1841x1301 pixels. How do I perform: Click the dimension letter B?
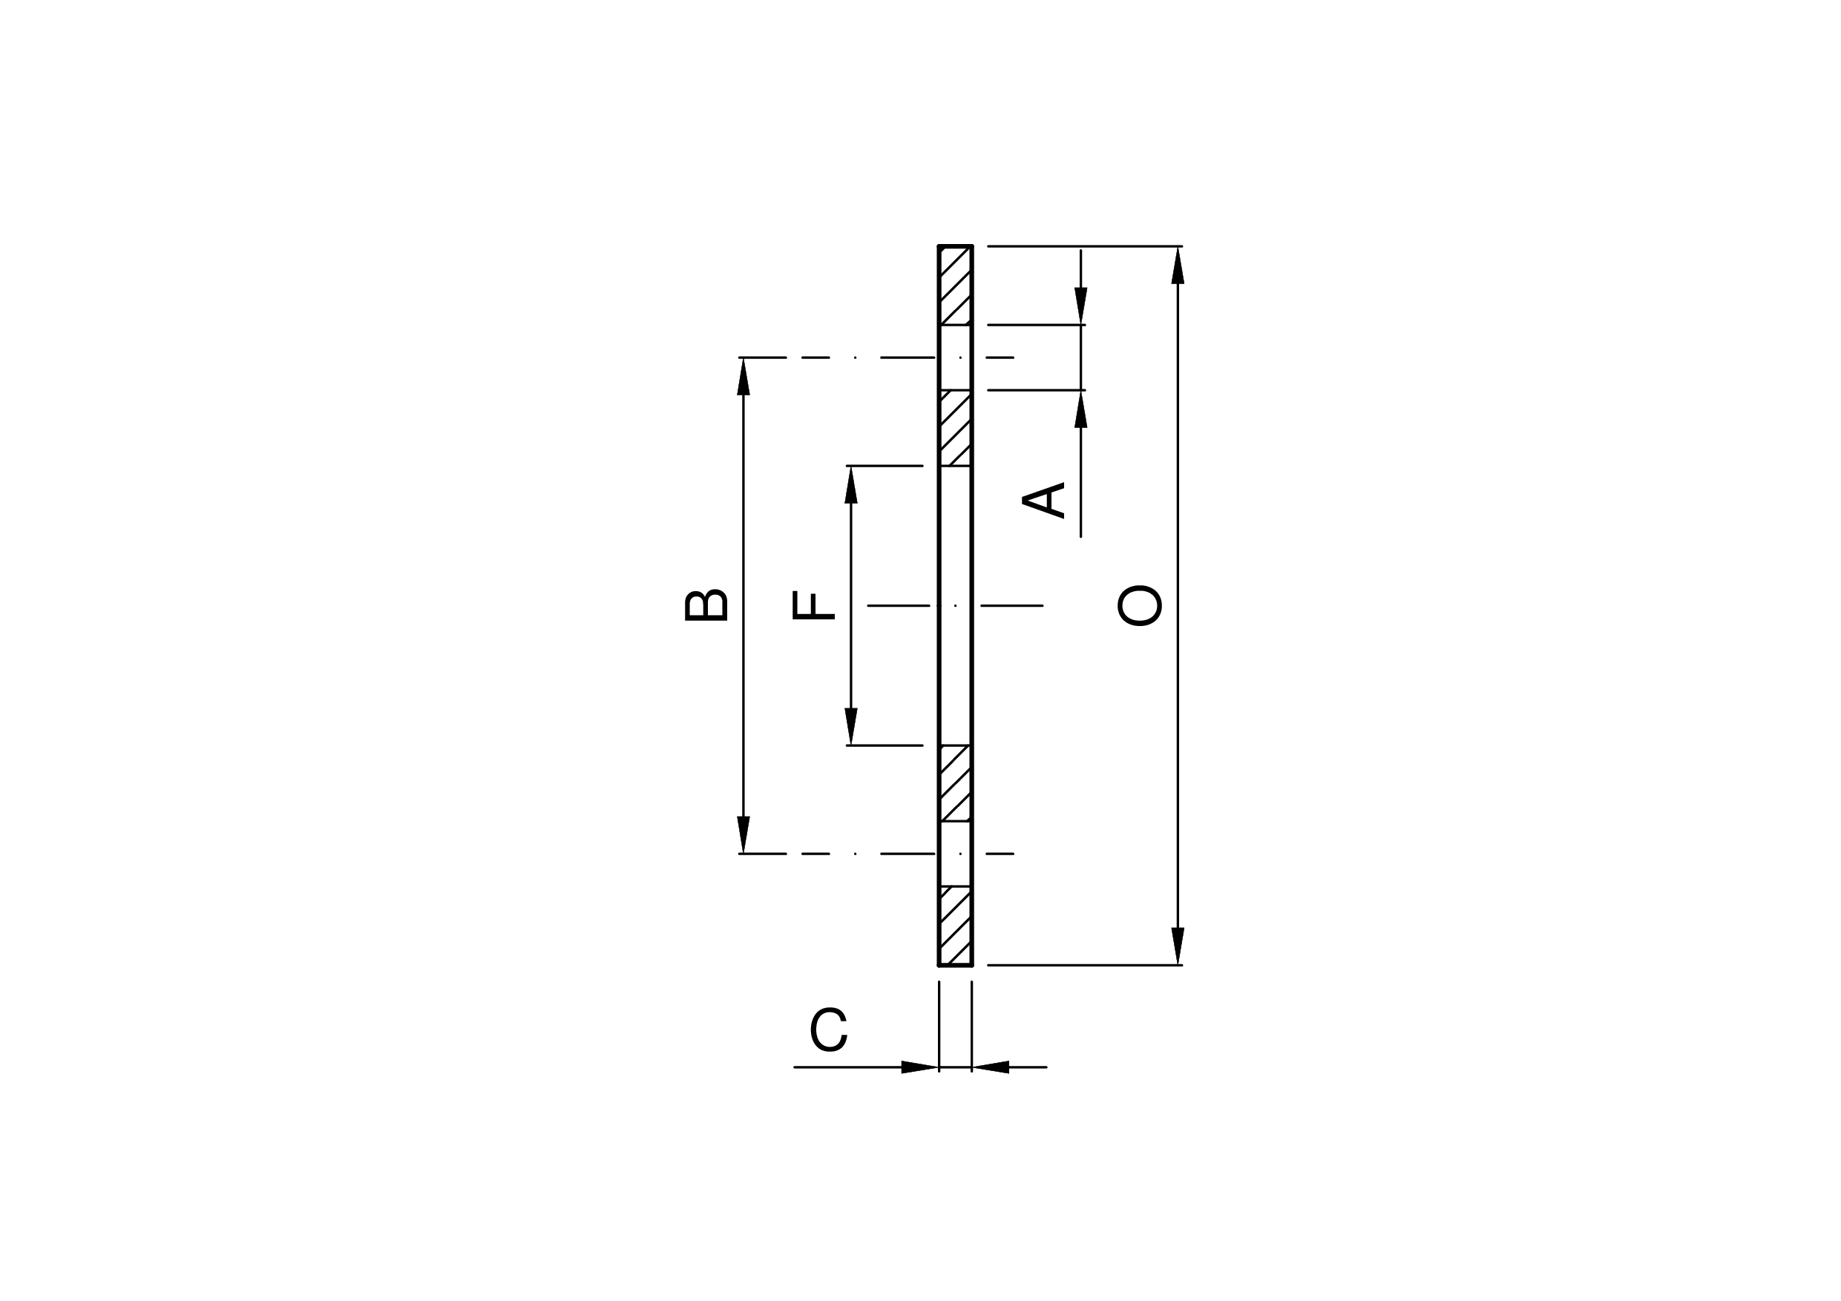tap(706, 605)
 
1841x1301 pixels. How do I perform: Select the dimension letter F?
tap(813, 605)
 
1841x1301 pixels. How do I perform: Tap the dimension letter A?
tap(1043, 500)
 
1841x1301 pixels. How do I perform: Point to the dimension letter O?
tap(1139, 606)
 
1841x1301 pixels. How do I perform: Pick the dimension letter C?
tap(828, 1030)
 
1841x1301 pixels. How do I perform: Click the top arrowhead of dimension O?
tap(1178, 266)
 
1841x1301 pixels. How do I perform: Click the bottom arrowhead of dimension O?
tap(1178, 946)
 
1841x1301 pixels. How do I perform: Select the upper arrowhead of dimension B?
tap(744, 377)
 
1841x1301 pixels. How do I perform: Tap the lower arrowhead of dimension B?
tap(744, 834)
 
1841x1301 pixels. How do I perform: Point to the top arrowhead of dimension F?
tap(850, 485)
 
